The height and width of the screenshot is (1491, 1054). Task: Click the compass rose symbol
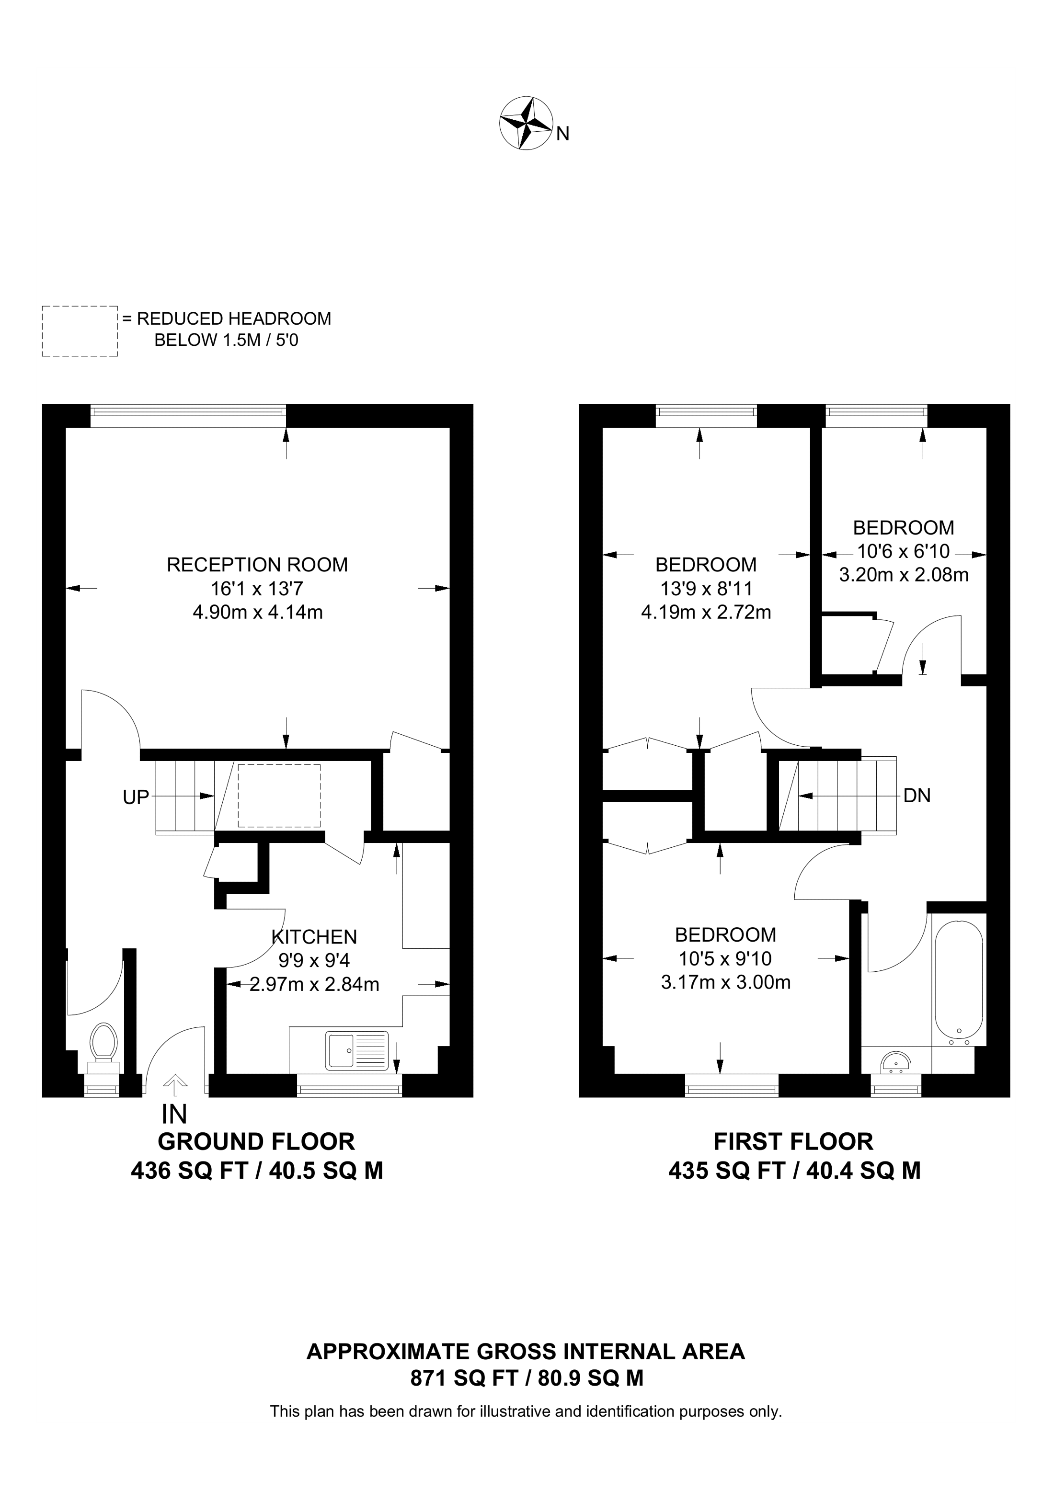pos(526,124)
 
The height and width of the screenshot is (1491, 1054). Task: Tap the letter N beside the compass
pos(563,134)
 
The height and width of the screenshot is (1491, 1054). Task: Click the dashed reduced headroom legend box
pos(80,331)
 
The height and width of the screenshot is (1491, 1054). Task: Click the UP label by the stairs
pos(136,797)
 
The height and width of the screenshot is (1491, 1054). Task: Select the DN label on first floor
pos(917,796)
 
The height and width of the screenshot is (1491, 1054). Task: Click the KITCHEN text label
pos(314,936)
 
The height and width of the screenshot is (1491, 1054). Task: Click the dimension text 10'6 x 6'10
pos(904,551)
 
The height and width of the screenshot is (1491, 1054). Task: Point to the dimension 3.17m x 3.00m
pos(725,982)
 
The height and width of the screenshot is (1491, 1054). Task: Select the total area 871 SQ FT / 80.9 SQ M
pos(527,1377)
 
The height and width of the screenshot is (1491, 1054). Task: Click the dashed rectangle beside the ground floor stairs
pos(279,796)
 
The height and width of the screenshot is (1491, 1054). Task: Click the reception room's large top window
pos(188,416)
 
